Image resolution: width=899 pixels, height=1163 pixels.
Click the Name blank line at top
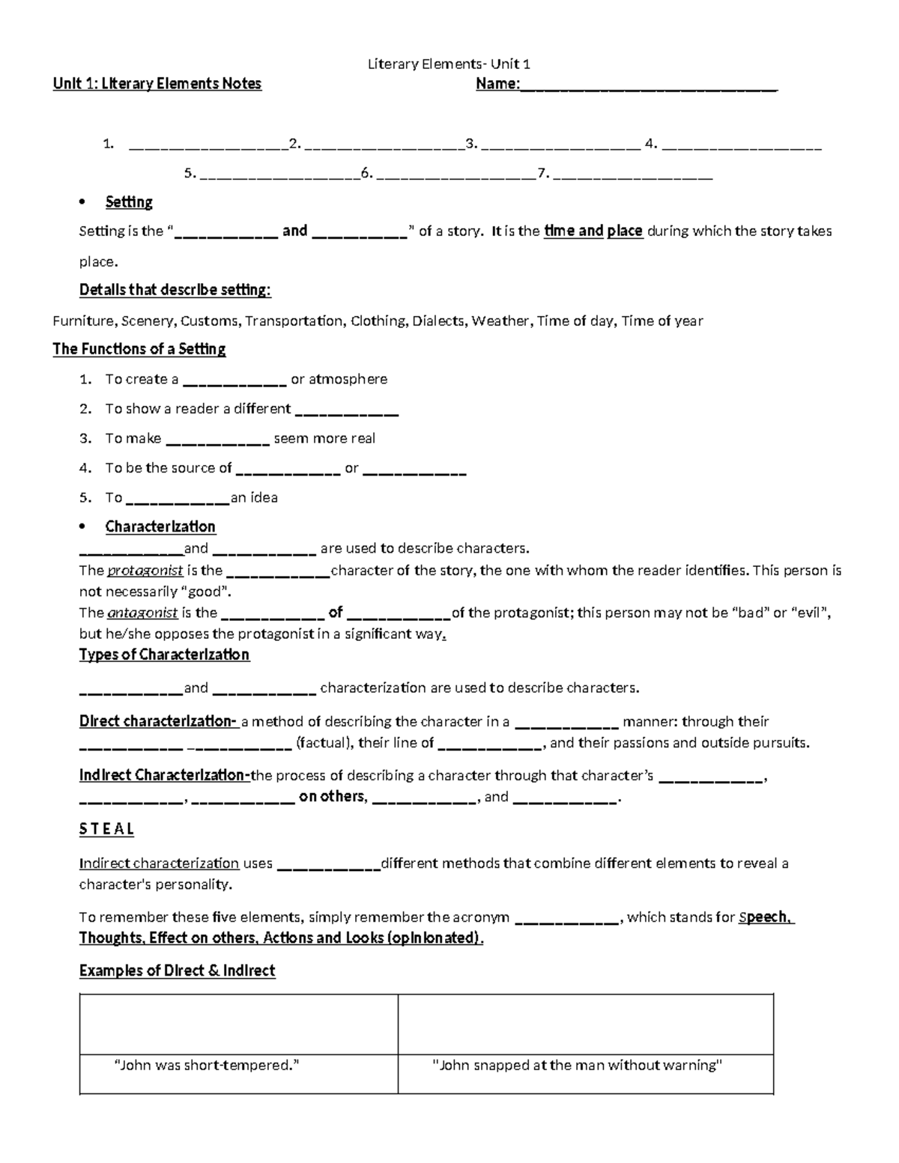648,85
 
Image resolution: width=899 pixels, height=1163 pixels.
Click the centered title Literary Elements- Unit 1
449,64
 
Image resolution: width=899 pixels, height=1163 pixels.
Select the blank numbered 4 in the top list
742,145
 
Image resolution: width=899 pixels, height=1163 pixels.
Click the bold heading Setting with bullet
129,202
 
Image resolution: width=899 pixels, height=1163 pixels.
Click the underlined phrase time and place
593,231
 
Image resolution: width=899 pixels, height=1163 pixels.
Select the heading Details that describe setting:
175,291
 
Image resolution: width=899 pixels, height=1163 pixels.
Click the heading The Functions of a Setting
139,349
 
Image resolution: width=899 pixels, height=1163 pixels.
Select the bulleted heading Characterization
160,527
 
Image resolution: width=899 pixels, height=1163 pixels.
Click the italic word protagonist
145,571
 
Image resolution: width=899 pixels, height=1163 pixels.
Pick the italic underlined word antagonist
142,613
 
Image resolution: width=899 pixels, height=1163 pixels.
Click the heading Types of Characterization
164,655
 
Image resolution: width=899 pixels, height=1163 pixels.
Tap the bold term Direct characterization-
158,722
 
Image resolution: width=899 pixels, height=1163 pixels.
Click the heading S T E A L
106,829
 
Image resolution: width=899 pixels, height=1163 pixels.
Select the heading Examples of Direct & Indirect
177,971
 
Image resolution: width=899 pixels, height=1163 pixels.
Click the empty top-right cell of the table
585,1024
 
